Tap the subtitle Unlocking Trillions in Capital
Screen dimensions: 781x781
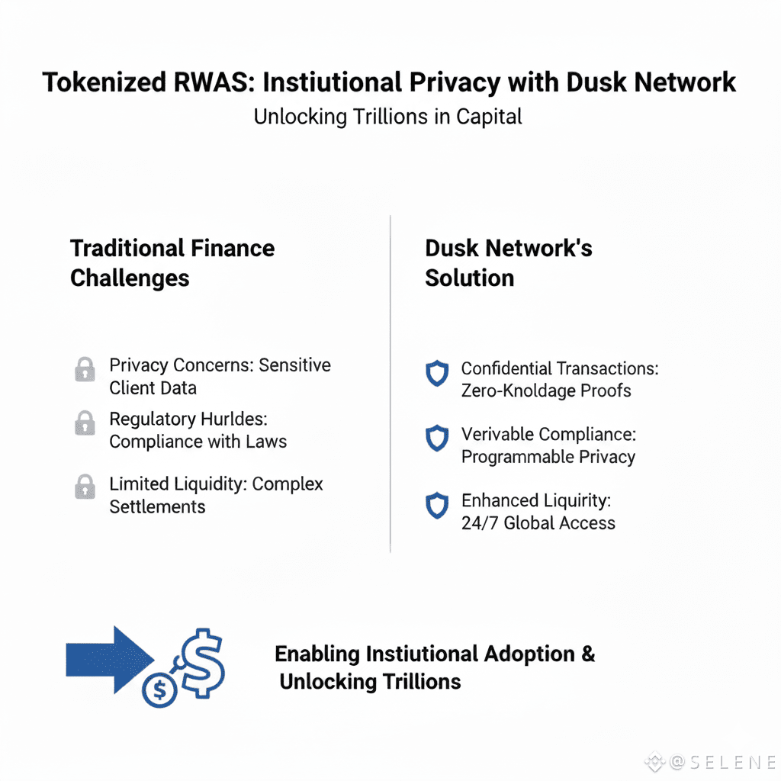[388, 117]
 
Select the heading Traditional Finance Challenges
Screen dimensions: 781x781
[172, 262]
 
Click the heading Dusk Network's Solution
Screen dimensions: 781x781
[508, 262]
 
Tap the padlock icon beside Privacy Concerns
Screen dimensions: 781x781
[85, 370]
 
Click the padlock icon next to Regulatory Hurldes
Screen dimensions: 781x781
[85, 423]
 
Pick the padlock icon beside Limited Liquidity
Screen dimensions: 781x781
[85, 487]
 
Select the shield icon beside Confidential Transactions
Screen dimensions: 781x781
[436, 374]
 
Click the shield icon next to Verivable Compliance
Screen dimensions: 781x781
[436, 439]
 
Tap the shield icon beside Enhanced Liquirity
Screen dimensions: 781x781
[436, 505]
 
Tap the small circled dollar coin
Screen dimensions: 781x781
[159, 691]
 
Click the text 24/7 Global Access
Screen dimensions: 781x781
[538, 523]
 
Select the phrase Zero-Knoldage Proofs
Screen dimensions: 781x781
[546, 390]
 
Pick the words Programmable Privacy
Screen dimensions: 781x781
[548, 457]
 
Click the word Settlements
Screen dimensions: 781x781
[157, 506]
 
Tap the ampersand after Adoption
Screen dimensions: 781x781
[587, 654]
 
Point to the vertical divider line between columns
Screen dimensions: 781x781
[390, 381]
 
